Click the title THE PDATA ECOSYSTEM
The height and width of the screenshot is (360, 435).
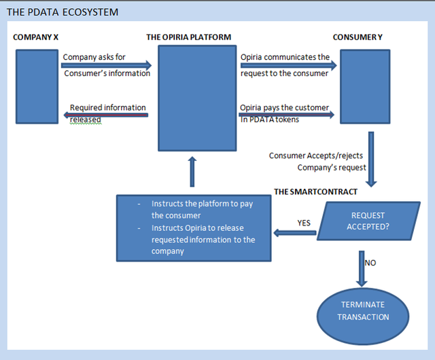(x=62, y=12)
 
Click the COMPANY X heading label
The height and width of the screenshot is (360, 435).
(x=35, y=37)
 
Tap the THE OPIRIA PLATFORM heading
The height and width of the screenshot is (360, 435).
(x=188, y=37)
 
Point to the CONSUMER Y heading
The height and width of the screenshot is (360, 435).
(x=358, y=37)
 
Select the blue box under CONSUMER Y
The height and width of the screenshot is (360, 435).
(x=364, y=86)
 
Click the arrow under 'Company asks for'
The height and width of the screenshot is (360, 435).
(x=106, y=66)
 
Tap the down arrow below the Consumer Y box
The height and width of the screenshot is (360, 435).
(x=371, y=160)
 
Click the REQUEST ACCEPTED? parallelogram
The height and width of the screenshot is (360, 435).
(x=368, y=221)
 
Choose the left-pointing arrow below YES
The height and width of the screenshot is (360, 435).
(x=295, y=233)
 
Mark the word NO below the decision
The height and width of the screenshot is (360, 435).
(x=371, y=262)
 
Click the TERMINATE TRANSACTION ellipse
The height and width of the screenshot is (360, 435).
(x=363, y=311)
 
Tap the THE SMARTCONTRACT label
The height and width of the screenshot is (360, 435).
(x=315, y=192)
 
